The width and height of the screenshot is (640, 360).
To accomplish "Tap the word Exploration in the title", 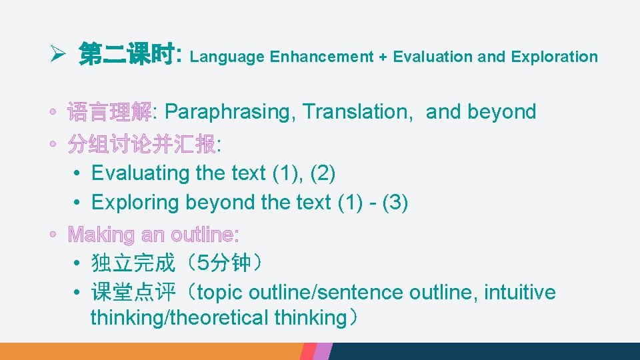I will [x=554, y=57].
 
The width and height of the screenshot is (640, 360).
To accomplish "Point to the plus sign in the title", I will [x=383, y=57].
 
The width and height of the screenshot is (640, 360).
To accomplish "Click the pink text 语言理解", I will [x=109, y=112].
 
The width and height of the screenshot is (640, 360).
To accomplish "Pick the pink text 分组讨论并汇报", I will [x=141, y=143].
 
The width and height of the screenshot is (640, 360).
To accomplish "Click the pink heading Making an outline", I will [x=153, y=235].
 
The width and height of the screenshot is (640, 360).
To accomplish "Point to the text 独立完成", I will [x=133, y=263].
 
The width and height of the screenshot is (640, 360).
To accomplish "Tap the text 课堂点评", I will [x=133, y=293].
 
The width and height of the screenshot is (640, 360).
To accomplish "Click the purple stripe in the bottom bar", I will [x=323, y=351].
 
